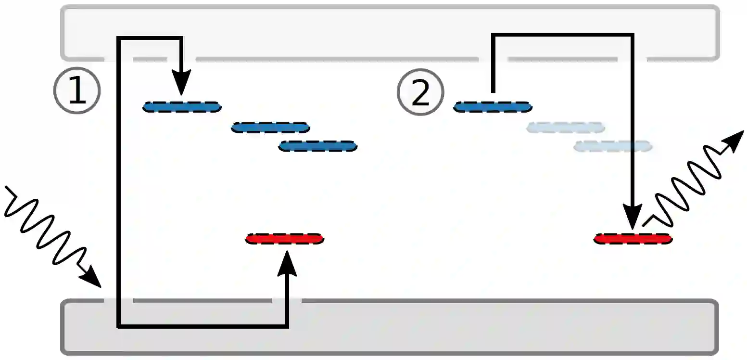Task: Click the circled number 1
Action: coord(76,91)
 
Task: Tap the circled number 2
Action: coord(420,92)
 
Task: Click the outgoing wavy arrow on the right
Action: coord(693,178)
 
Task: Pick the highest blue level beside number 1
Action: coord(182,107)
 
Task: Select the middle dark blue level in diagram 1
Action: coord(270,128)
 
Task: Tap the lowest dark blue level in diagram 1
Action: coord(317,146)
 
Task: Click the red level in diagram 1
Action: coord(285,238)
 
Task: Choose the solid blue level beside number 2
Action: coord(493,107)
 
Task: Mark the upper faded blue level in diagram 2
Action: coord(565,128)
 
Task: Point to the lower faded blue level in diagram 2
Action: coord(613,146)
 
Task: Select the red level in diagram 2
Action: coord(633,238)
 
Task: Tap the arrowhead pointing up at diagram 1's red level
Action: coord(287,263)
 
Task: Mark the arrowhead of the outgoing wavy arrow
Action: coord(732,141)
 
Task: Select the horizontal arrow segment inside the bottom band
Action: coord(202,326)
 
